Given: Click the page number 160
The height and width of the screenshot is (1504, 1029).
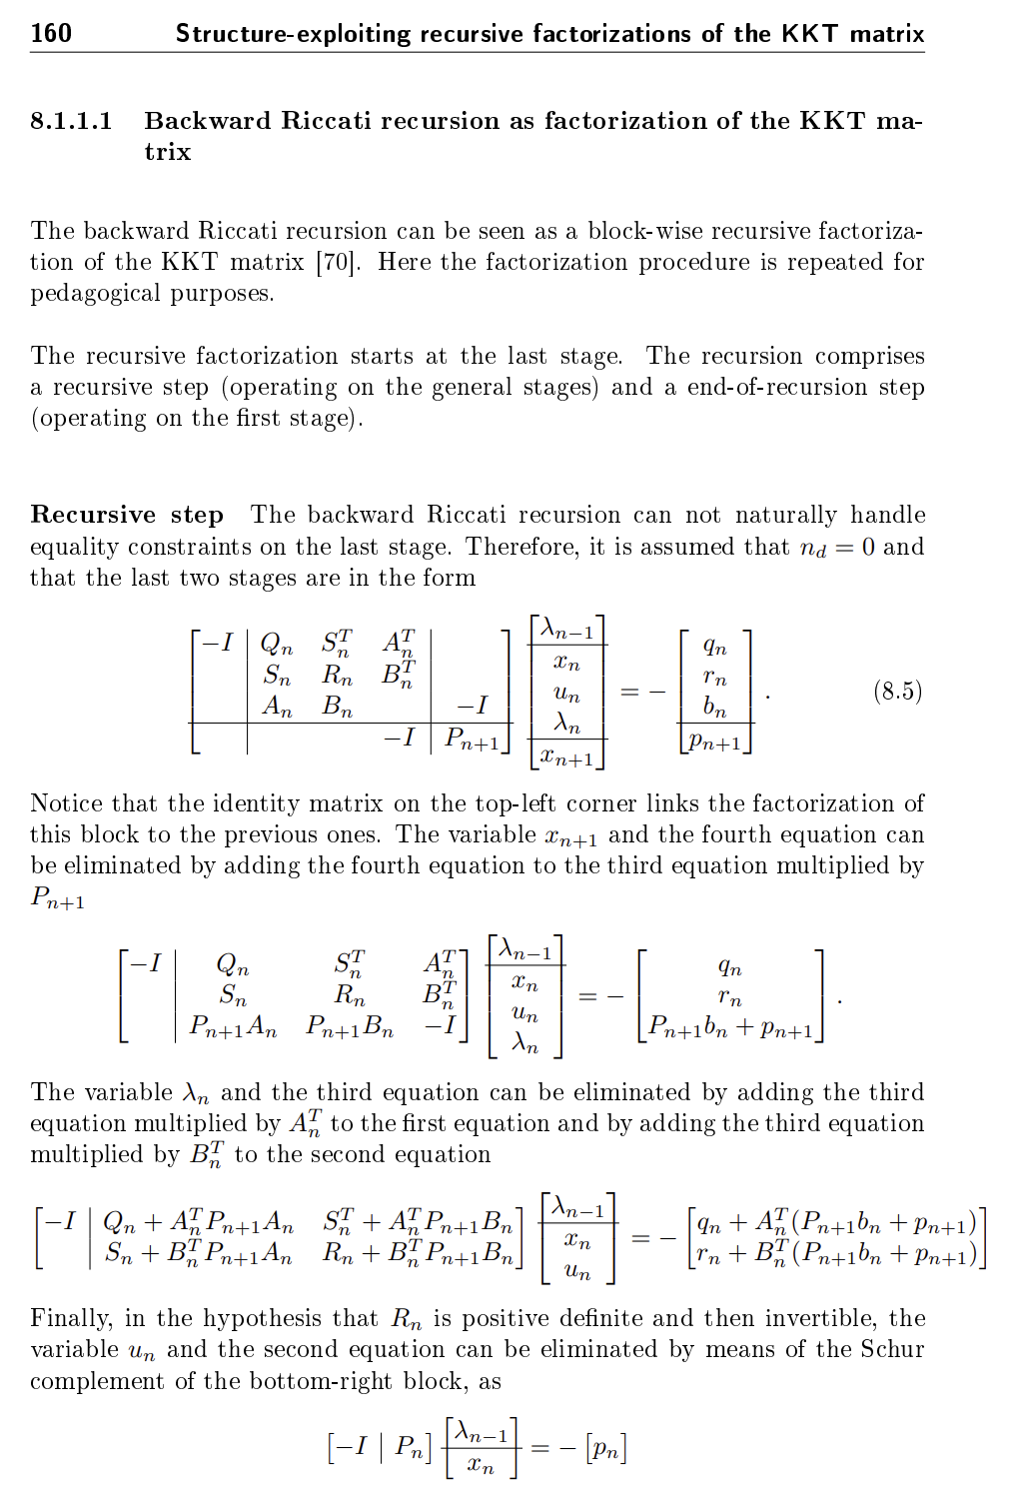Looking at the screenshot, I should [x=51, y=33].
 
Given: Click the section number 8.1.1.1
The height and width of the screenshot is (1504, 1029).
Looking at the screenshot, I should [x=71, y=121].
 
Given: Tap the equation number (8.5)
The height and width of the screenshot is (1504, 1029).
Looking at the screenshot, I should [x=897, y=691].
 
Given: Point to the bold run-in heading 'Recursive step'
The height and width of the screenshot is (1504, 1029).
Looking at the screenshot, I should [x=127, y=515].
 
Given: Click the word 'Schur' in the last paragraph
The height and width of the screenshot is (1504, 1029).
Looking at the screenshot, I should [x=892, y=1349].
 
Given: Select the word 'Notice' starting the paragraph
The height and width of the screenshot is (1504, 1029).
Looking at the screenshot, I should [x=67, y=803].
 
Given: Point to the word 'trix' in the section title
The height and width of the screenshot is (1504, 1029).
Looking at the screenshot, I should [x=167, y=152].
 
